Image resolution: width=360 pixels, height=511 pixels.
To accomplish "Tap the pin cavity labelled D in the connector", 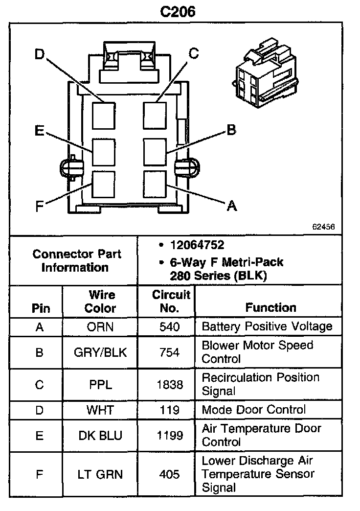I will point(104,115).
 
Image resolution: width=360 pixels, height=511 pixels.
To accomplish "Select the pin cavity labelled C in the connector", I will point(156,115).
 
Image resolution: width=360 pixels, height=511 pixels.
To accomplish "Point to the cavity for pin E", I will point(104,152).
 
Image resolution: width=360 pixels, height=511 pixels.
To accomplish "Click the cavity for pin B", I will point(156,152).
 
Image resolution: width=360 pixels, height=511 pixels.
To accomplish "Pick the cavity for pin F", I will point(104,185).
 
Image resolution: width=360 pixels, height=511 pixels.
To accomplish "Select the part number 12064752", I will point(197,245).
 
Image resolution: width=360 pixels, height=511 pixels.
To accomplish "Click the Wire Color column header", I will point(100,302).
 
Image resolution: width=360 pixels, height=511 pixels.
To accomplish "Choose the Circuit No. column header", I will point(171,302).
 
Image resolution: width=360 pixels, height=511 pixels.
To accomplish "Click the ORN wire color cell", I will point(100,327).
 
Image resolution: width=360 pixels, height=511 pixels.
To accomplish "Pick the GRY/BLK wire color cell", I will point(100,352).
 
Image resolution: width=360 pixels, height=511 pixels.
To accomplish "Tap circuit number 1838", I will point(170,385).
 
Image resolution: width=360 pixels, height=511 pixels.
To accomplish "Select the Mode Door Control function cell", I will point(253,410).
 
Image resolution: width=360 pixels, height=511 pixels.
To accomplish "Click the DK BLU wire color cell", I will point(100,435).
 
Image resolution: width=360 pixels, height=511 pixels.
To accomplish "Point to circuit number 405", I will point(170,474).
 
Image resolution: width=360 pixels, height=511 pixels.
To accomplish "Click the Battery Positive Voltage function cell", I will point(267,326).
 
